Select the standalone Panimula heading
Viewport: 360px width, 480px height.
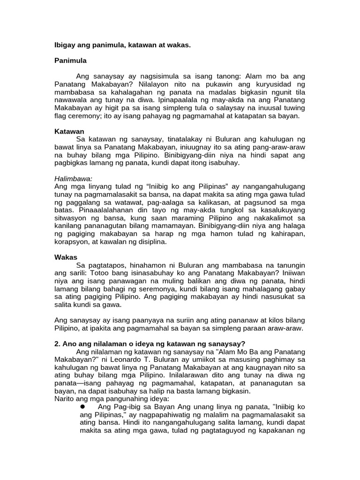click(x=70, y=61)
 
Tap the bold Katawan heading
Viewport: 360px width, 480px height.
click(x=69, y=132)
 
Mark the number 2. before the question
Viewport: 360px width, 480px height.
click(x=58, y=344)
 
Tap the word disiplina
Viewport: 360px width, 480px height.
click(x=148, y=242)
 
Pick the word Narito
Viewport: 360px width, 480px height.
click(x=65, y=399)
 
